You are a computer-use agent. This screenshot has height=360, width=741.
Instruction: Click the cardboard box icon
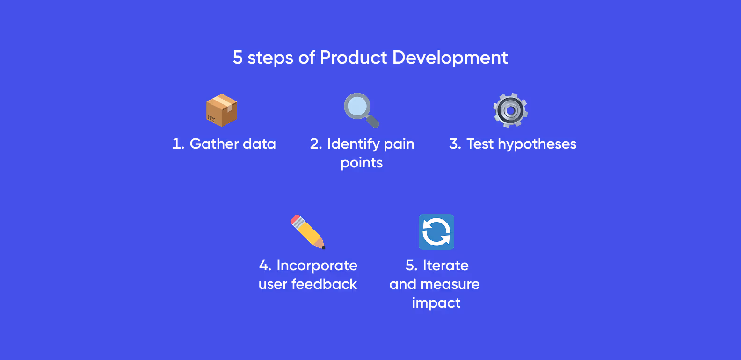[x=222, y=110]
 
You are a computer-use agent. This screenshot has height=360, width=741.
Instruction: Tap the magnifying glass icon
[x=360, y=109]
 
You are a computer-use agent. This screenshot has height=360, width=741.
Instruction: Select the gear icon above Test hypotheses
[x=510, y=110]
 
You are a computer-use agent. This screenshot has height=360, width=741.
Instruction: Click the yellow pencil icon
[x=307, y=232]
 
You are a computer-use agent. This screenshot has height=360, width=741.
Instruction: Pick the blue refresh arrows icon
[x=436, y=232]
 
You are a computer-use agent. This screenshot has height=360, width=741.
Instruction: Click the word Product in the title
[x=354, y=58]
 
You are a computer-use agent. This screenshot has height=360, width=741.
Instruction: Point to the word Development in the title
[x=450, y=58]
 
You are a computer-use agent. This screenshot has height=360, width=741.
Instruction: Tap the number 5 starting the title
[x=238, y=58]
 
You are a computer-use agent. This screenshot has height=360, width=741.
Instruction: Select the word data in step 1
[x=260, y=144]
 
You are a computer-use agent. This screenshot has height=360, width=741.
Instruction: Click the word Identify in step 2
[x=353, y=144]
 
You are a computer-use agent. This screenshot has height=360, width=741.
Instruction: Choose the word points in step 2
[x=362, y=163]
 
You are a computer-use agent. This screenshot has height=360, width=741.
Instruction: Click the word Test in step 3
[x=479, y=144]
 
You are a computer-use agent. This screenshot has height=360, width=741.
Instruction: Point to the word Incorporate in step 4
[x=317, y=266]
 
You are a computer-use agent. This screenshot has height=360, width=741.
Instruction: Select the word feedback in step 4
[x=324, y=284]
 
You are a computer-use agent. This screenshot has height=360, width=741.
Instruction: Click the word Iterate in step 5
[x=445, y=266]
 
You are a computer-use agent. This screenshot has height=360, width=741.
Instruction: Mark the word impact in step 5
[x=436, y=303]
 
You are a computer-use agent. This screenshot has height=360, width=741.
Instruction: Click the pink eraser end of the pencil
[x=295, y=219]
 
